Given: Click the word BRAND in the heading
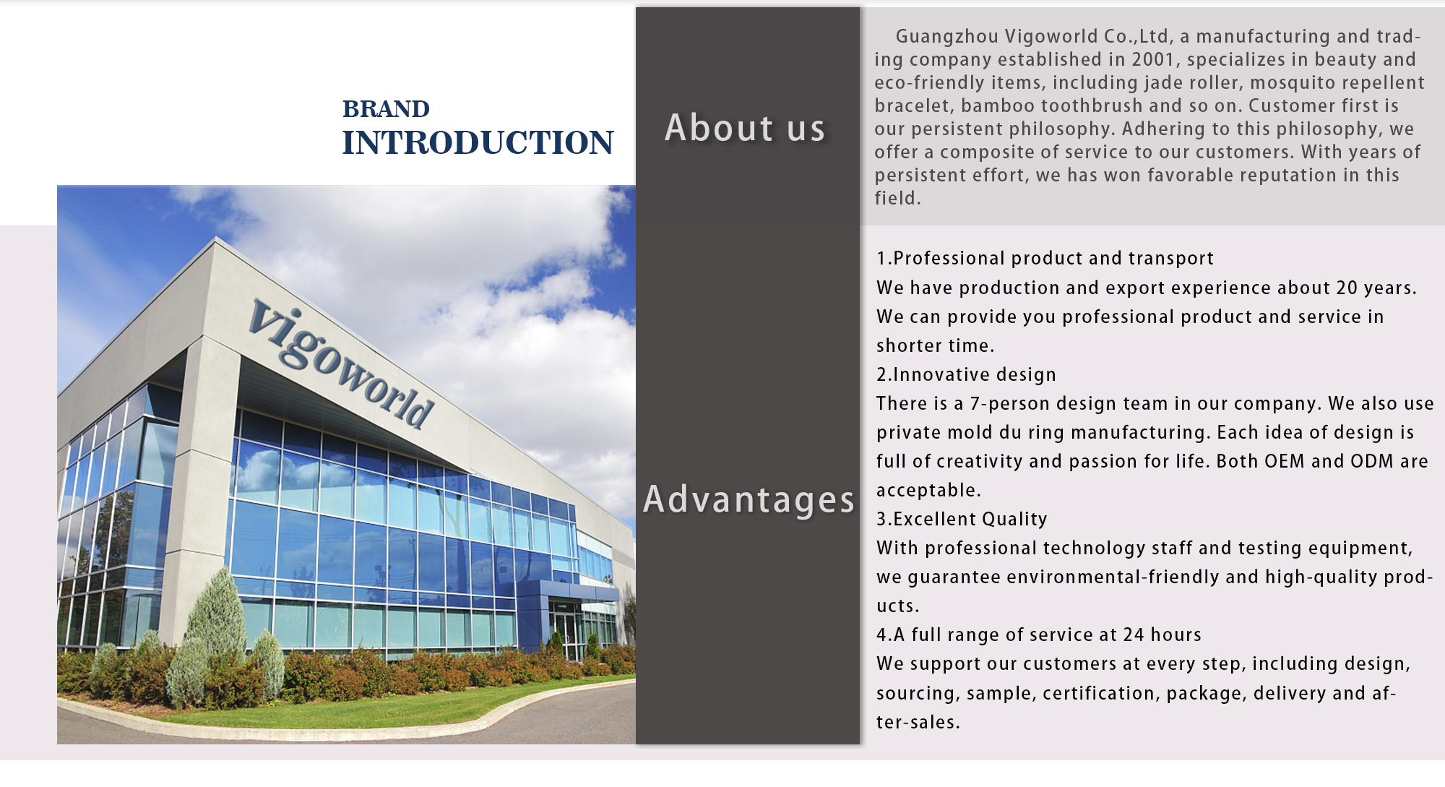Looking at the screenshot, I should (386, 109).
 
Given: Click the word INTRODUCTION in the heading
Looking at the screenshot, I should (478, 143).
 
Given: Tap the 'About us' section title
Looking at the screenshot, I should (745, 128).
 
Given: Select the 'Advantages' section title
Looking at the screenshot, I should (749, 499).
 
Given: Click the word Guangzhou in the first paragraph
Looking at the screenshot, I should (947, 36).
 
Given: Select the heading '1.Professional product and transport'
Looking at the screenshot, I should (1045, 259).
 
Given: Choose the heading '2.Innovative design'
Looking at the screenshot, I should (966, 374).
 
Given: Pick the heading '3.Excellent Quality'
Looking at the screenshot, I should (962, 519).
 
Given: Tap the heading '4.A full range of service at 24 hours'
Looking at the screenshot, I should (1038, 635).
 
